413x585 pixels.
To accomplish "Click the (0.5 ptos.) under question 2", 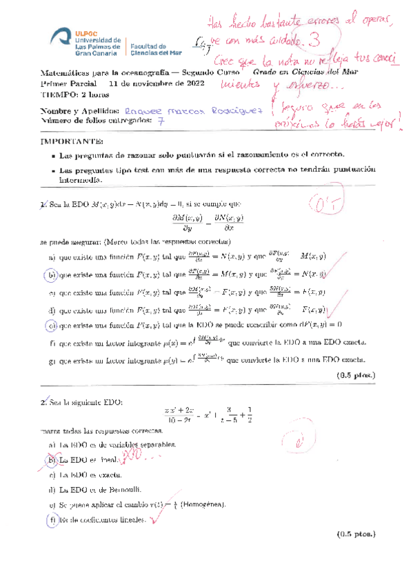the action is (x=356, y=535).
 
